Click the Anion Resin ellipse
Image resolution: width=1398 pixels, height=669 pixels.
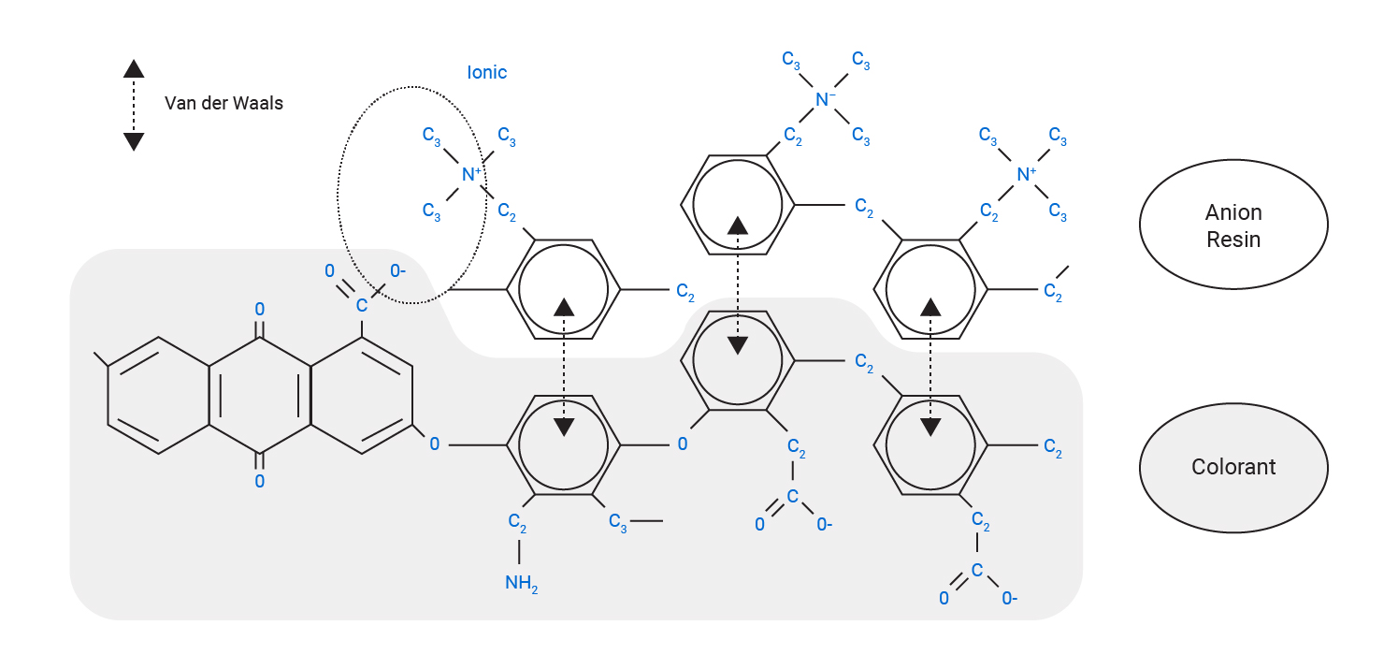click(x=1233, y=225)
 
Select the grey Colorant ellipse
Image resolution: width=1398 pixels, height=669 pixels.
click(x=1233, y=467)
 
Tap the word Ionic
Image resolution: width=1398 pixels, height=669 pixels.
click(x=486, y=72)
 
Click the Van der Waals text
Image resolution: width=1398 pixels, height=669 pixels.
click(x=223, y=103)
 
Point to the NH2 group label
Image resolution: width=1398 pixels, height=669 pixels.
click(x=522, y=584)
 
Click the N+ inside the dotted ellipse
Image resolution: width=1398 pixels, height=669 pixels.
click(x=470, y=174)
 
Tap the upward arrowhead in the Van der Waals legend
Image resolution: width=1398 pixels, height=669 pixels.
click(x=134, y=68)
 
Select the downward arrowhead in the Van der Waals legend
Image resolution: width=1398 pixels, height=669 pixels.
click(x=134, y=141)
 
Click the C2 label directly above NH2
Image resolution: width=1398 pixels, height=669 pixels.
click(x=517, y=520)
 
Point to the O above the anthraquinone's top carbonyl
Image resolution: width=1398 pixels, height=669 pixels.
click(x=259, y=308)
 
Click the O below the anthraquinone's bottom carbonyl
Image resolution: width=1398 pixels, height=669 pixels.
click(x=259, y=482)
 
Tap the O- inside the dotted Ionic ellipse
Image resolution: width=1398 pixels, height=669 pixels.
click(x=397, y=271)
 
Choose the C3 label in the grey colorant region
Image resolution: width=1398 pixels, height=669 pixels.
click(x=618, y=521)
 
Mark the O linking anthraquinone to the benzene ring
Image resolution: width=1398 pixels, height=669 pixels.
click(x=434, y=444)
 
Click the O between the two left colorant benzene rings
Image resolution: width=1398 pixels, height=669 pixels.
click(x=683, y=444)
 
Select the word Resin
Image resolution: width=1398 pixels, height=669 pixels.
click(x=1233, y=240)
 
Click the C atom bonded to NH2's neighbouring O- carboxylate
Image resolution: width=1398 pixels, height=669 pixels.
click(x=792, y=496)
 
